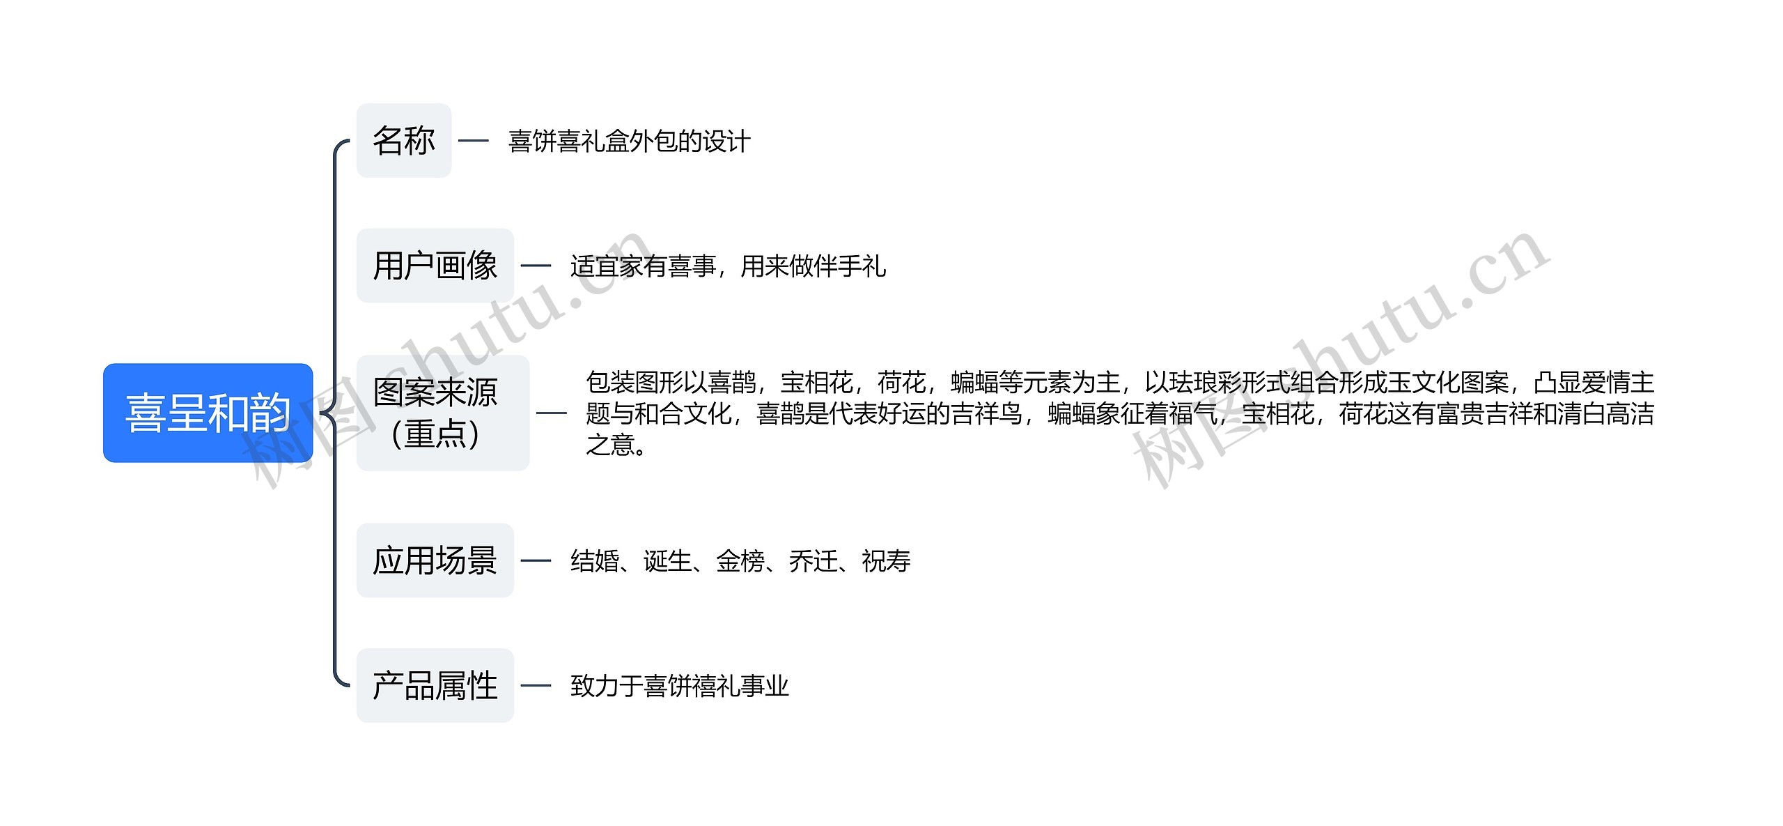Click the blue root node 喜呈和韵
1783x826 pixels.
[x=208, y=413]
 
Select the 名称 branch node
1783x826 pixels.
[x=404, y=141]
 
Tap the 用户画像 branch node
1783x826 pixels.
[x=435, y=266]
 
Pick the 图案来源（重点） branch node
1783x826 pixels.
[x=442, y=413]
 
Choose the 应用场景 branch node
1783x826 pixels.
[x=435, y=560]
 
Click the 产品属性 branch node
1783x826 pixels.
[x=435, y=685]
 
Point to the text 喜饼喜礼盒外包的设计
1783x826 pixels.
[x=629, y=142]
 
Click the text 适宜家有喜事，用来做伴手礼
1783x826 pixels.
[x=728, y=266]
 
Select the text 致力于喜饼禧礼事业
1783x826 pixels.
[x=679, y=686]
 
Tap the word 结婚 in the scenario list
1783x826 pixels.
[x=595, y=561]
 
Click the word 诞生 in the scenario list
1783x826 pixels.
[x=667, y=561]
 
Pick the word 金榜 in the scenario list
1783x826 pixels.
[x=740, y=561]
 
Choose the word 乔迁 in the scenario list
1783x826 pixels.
[x=813, y=561]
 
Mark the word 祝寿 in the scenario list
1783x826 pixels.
[x=886, y=561]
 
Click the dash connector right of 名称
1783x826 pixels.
[x=474, y=141]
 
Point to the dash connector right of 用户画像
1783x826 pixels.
[x=536, y=266]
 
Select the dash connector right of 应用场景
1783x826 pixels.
[x=536, y=560]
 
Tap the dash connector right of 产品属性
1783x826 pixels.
[x=536, y=685]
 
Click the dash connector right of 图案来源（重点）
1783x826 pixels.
[x=552, y=413]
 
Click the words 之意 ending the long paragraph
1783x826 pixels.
[x=610, y=445]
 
